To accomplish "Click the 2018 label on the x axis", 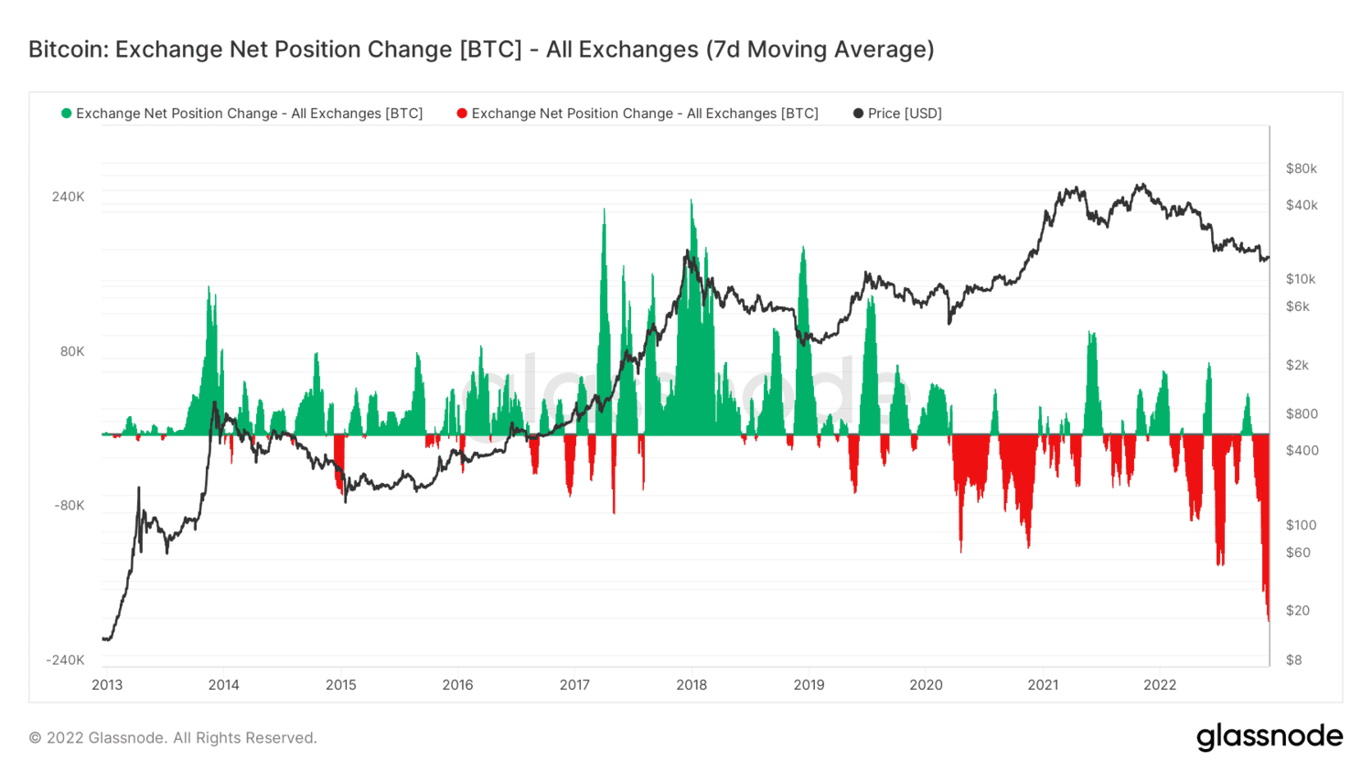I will tap(691, 684).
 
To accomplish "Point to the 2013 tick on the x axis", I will tap(107, 684).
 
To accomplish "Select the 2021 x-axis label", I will tap(1043, 684).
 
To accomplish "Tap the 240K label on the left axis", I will tap(68, 197).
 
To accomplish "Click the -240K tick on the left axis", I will tap(65, 659).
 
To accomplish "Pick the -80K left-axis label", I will tap(69, 505).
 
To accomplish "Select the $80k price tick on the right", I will tap(1301, 168).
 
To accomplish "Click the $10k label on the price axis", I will tap(1301, 278).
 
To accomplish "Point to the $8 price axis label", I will tap(1293, 659).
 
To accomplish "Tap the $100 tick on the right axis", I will tap(1301, 524).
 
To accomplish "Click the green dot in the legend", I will tap(66, 113).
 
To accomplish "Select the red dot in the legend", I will tap(462, 113).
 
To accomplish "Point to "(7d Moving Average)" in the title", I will tap(820, 49).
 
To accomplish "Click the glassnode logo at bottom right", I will tap(1270, 737).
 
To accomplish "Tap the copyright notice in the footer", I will tap(173, 738).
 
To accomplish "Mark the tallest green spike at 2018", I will tap(691, 203).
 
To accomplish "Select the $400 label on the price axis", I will tap(1301, 450).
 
